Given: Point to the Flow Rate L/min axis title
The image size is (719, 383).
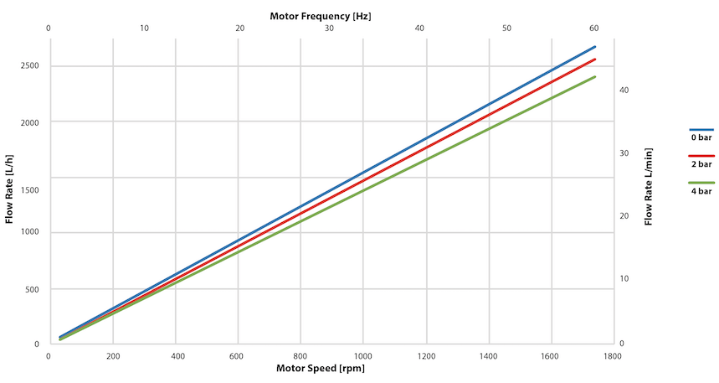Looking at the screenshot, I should (x=649, y=186).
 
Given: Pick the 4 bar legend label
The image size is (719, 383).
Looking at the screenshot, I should (x=701, y=191).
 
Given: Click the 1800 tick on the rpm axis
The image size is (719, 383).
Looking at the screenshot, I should (x=612, y=355).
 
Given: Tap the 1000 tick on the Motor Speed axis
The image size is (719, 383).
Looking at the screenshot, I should (x=362, y=355).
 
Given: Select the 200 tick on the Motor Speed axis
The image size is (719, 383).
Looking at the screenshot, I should (x=112, y=355).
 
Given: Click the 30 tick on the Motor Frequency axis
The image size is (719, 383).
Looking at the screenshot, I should (x=329, y=28).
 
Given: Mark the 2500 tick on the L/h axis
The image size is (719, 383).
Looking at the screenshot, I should (x=29, y=66).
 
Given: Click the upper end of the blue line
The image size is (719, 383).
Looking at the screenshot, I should (x=595, y=47).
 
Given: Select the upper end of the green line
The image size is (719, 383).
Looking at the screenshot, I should (x=595, y=77).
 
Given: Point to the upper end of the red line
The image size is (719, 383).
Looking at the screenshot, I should (x=595, y=60).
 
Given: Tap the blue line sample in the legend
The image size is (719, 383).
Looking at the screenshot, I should (x=701, y=129).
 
